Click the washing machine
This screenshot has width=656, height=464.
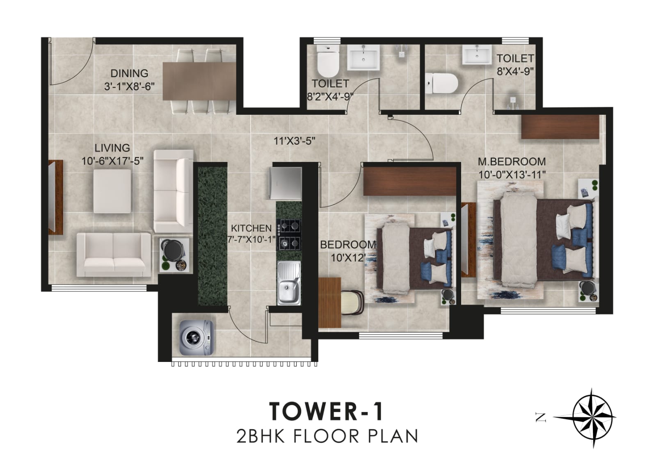click(x=196, y=338)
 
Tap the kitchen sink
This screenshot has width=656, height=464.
click(x=289, y=283)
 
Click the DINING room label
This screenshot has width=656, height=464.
click(x=129, y=73)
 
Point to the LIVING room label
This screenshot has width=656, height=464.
click(x=112, y=148)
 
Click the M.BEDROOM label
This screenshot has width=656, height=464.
click(x=512, y=161)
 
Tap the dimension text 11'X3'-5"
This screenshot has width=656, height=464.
click(x=294, y=141)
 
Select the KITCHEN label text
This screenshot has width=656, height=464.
click(x=251, y=228)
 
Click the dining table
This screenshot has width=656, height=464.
click(x=199, y=81)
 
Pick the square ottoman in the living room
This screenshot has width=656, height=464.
click(x=112, y=191)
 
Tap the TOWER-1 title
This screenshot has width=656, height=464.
click(x=326, y=411)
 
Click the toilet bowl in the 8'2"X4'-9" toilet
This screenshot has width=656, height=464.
click(x=328, y=63)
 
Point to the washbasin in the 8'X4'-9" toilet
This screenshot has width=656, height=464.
click(x=476, y=55)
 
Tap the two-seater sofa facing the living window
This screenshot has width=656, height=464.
click(x=114, y=255)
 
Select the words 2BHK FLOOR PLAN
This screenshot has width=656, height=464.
click(x=327, y=436)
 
